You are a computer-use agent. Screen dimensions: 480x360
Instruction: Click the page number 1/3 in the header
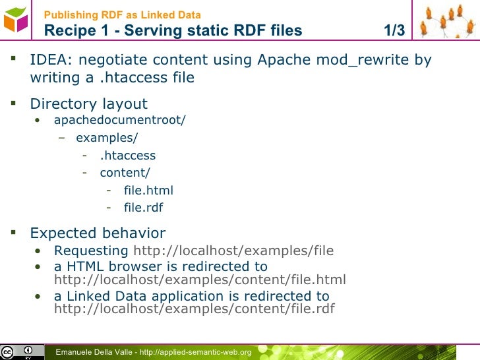click(394, 30)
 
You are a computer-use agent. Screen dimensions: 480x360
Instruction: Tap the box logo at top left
click(16, 20)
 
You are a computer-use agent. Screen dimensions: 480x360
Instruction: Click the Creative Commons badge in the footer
click(18, 352)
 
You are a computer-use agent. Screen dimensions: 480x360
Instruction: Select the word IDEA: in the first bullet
click(51, 61)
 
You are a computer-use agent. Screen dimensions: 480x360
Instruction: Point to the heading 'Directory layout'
click(89, 104)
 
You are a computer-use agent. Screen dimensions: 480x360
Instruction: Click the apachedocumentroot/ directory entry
click(120, 120)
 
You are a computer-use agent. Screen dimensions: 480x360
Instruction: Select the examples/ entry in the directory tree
click(107, 138)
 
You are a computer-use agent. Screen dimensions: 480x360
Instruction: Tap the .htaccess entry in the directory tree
click(128, 156)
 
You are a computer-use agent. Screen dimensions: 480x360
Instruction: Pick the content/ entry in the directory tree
click(125, 173)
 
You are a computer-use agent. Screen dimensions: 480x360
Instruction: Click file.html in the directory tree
click(148, 191)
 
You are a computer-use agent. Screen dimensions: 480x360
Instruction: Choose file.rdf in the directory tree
click(143, 208)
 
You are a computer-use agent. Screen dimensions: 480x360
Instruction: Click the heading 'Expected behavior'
click(98, 233)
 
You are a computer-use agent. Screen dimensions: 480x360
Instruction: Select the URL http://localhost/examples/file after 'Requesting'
click(233, 251)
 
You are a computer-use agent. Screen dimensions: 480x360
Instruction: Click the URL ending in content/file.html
click(200, 280)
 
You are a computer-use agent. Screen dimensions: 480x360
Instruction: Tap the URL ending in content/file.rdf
click(194, 309)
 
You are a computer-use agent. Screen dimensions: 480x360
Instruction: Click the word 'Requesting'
click(91, 251)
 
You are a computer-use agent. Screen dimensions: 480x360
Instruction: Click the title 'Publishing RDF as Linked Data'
click(123, 15)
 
